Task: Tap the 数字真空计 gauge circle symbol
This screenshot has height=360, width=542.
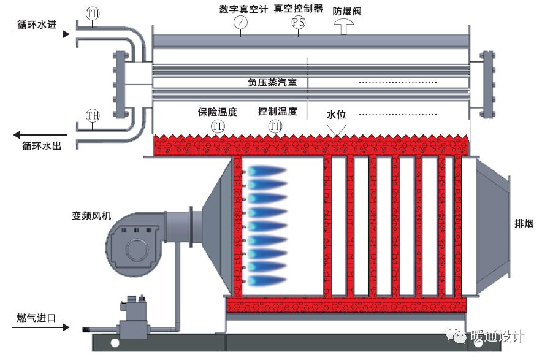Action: point(241,22)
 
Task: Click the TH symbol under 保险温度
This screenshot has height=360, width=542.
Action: point(218,126)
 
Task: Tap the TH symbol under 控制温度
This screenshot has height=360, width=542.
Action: point(275,126)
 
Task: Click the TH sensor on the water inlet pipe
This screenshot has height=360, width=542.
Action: point(92,12)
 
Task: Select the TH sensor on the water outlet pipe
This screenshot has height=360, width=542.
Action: point(93,115)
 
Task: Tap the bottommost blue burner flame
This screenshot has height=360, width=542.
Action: point(265,280)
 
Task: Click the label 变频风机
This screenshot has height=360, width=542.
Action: point(91,216)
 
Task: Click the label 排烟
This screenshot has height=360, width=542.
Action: point(525,223)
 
